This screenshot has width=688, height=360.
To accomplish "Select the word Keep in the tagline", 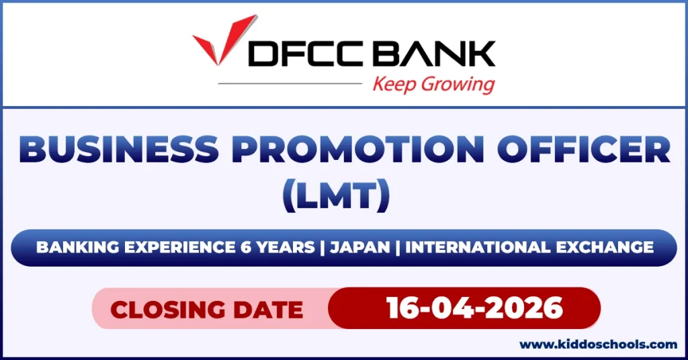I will pyautogui.click(x=394, y=85).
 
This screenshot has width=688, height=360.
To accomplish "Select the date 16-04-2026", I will pyautogui.click(x=474, y=308).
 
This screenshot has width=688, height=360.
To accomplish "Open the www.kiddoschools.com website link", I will pyautogui.click(x=599, y=345).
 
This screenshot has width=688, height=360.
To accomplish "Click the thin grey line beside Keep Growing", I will pyautogui.click(x=289, y=84).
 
